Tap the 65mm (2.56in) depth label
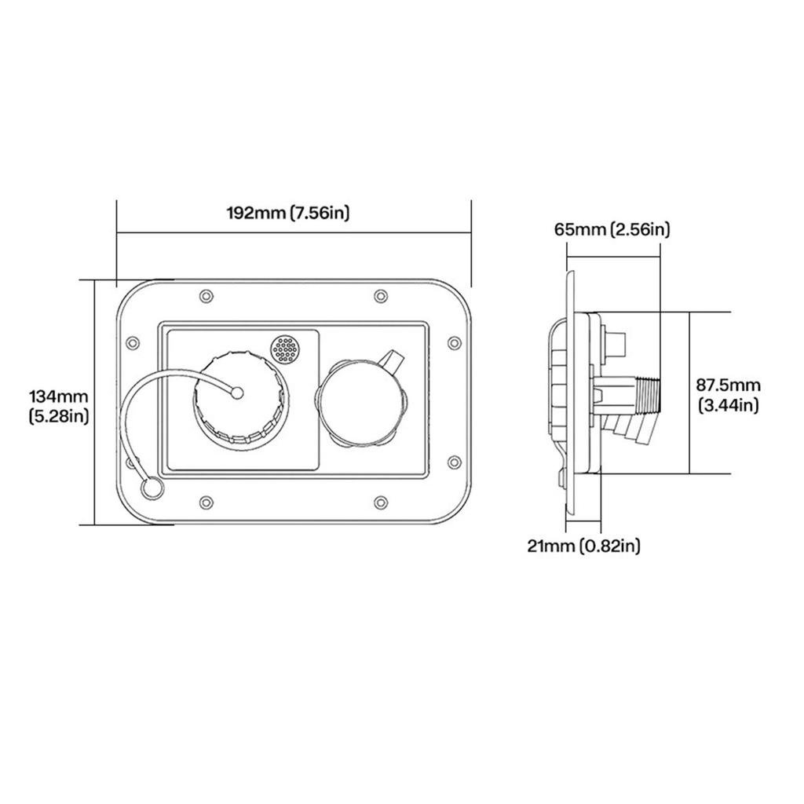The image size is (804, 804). [612, 229]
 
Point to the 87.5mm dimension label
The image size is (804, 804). [729, 385]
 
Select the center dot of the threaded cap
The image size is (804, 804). [238, 393]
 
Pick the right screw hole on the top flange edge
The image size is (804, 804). [380, 295]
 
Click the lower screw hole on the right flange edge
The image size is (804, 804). [453, 461]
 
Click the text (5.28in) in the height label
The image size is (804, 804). [58, 415]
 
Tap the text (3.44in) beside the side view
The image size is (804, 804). [729, 405]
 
